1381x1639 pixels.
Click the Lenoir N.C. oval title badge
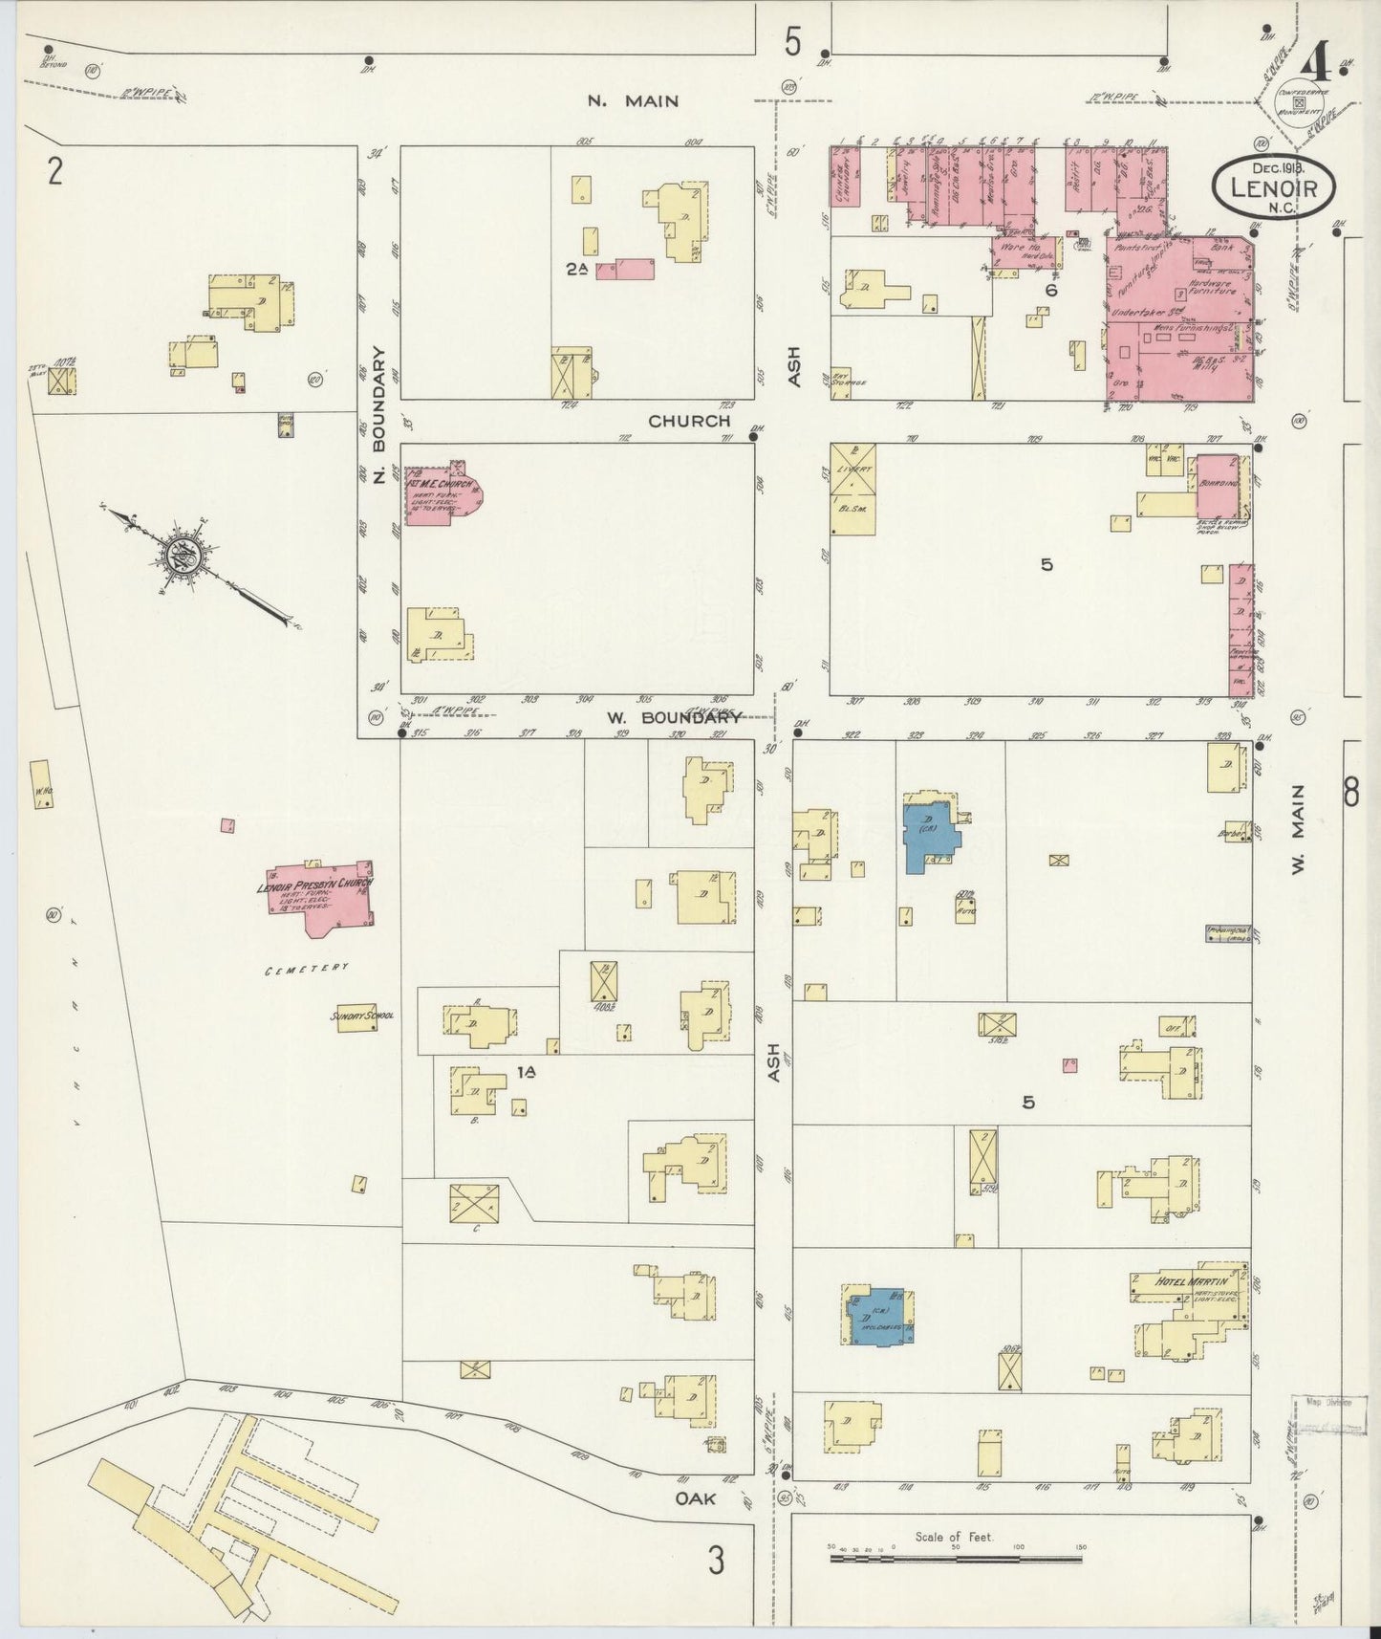click(1274, 187)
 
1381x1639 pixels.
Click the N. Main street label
click(633, 100)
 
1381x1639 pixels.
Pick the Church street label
click(688, 421)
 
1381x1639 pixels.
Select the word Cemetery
click(308, 969)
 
